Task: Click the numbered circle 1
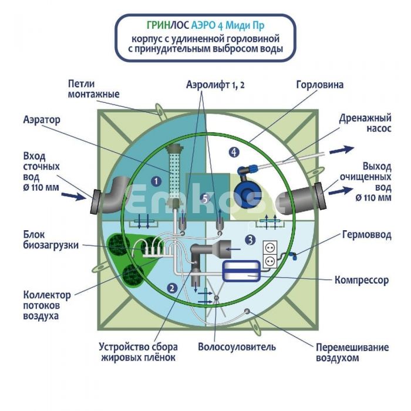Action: (156, 181)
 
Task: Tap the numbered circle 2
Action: (171, 288)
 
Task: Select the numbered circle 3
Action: (250, 240)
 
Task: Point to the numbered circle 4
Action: (235, 152)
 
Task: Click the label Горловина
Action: (320, 85)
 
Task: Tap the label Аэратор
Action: (41, 120)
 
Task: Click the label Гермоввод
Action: (365, 235)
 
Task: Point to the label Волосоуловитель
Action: (237, 346)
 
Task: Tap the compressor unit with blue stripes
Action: (243, 270)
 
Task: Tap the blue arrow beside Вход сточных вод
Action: (75, 196)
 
